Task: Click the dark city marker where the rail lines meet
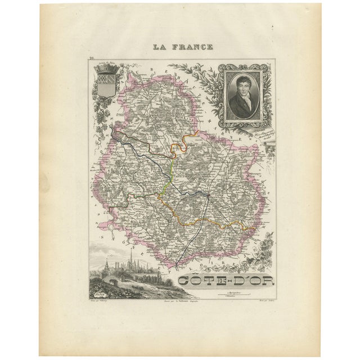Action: [208, 196]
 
